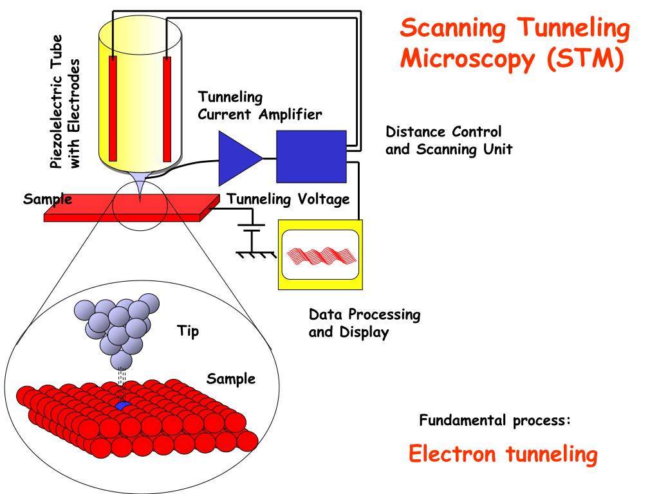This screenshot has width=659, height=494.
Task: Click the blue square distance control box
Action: click(311, 156)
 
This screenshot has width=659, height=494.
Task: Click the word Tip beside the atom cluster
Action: click(188, 332)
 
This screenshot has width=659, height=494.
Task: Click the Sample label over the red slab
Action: click(48, 199)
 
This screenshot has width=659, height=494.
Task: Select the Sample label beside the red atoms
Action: click(230, 379)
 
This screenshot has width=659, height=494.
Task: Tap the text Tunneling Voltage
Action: click(288, 199)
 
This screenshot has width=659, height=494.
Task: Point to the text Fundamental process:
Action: click(495, 421)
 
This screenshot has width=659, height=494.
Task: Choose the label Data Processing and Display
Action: click(364, 324)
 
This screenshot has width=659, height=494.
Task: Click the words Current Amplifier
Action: click(259, 114)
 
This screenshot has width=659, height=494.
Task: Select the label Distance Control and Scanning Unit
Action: click(449, 141)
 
